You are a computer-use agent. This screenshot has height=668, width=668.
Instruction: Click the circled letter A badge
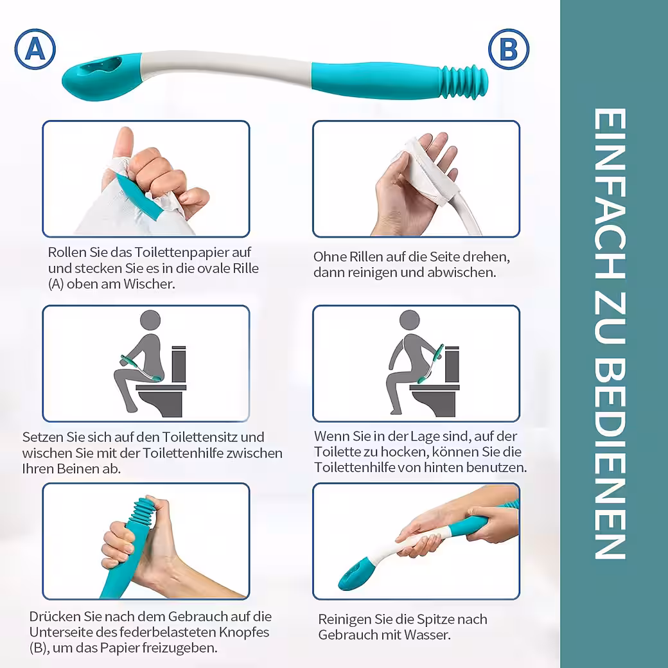35,49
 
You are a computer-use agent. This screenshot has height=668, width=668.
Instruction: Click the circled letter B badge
509,49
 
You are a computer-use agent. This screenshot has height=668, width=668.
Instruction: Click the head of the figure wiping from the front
150,320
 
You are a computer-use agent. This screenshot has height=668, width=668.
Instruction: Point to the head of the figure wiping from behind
410,321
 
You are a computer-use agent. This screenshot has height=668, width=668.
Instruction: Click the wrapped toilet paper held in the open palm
422,170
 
